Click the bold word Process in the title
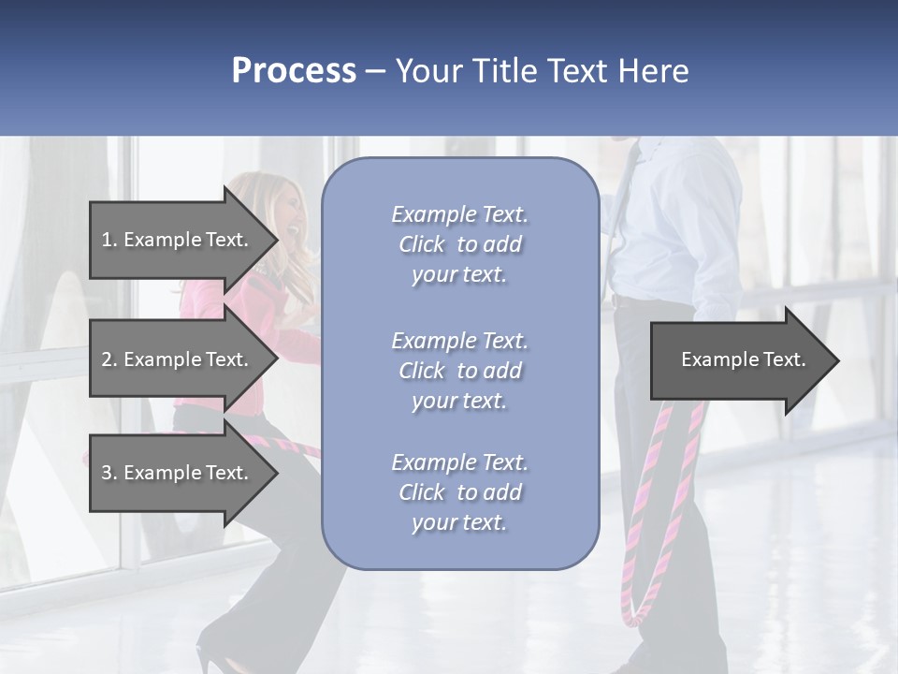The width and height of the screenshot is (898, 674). click(x=294, y=70)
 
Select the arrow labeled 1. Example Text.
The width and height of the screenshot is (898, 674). click(x=178, y=240)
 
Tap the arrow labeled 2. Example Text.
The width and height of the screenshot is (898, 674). click(x=178, y=359)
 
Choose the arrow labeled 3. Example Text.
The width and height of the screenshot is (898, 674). click(x=178, y=473)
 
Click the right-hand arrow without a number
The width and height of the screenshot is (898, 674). click(x=739, y=360)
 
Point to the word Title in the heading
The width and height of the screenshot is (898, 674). click(x=504, y=70)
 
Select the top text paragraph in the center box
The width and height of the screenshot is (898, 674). click(x=459, y=244)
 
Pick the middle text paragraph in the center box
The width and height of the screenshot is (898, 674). click(x=459, y=371)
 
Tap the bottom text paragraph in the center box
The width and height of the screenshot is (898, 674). click(x=459, y=492)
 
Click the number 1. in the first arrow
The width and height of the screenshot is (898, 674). click(x=109, y=240)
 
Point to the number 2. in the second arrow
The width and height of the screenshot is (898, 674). click(x=109, y=359)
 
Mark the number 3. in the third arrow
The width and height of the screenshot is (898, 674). click(x=109, y=473)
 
